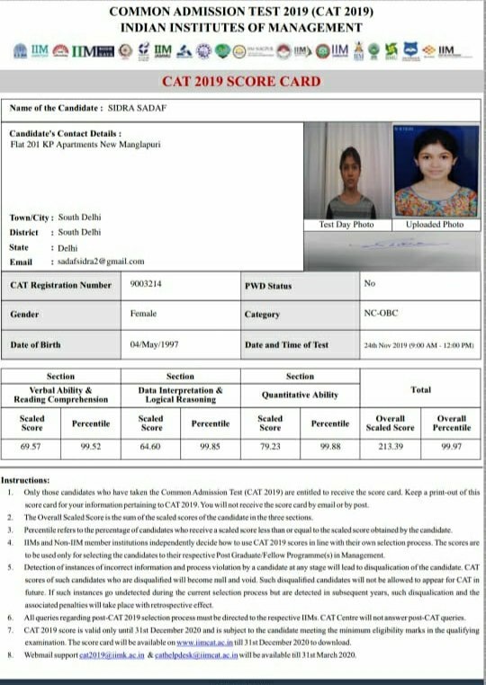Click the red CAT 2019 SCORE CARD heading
click(241, 82)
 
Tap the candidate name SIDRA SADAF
click(137, 109)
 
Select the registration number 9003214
click(147, 284)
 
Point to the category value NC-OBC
click(381, 315)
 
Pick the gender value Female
click(143, 314)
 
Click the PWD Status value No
click(369, 284)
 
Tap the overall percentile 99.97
click(452, 445)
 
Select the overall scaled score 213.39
click(390, 445)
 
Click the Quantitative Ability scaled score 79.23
click(270, 445)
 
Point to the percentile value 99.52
click(90, 445)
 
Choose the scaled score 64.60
click(151, 445)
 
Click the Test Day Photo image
click(346, 171)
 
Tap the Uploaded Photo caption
click(435, 224)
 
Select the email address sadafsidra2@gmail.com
click(101, 261)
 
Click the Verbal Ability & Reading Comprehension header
click(60, 395)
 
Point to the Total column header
click(420, 389)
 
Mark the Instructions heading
click(25, 481)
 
